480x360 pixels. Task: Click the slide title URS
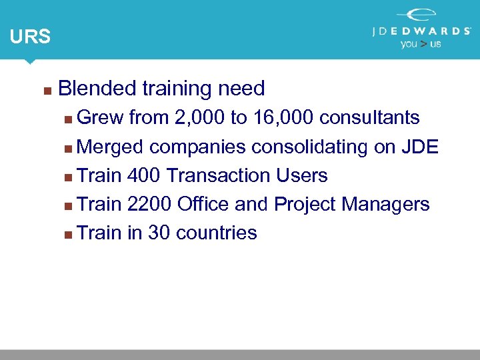[x=30, y=37]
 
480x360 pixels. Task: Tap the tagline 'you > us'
[x=421, y=44]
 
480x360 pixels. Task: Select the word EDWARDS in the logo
[x=434, y=31]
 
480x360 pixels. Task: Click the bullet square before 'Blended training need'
[x=45, y=89]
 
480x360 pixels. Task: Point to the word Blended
[x=97, y=88]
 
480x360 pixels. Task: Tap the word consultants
[x=369, y=118]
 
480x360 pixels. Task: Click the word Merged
[x=111, y=147]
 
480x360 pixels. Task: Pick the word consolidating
[x=309, y=147]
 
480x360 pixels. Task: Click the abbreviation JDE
[x=420, y=147]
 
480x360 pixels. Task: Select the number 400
[x=143, y=175]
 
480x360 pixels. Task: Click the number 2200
[x=149, y=204]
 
